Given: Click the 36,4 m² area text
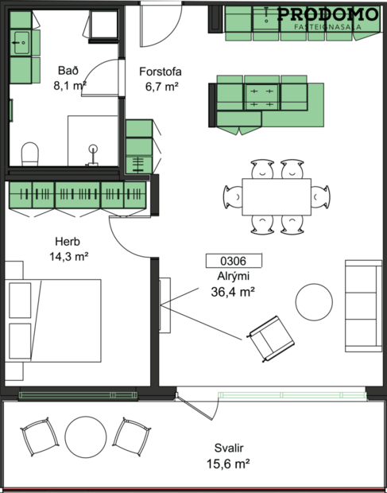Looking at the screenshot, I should (x=232, y=291).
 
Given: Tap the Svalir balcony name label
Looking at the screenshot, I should (x=229, y=448).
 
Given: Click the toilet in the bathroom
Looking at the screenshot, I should (x=29, y=153).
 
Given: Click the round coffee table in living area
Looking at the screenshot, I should (x=315, y=301).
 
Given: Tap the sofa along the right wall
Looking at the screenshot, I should (x=362, y=305).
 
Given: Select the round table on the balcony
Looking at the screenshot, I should (x=86, y=437).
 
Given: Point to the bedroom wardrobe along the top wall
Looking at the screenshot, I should (x=77, y=196).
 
